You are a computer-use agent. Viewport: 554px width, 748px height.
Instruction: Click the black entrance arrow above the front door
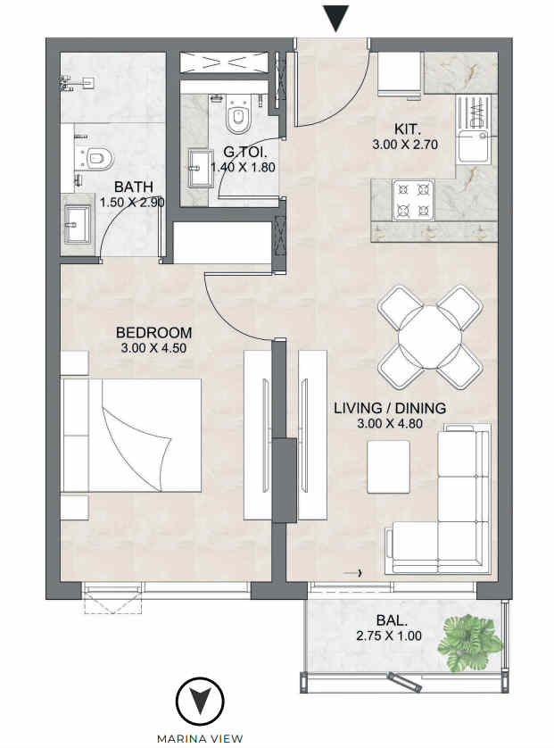(335, 18)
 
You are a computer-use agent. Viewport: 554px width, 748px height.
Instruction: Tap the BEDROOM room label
(154, 333)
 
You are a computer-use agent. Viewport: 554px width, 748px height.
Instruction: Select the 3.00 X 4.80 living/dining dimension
(390, 423)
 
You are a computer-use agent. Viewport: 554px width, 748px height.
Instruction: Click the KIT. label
(408, 129)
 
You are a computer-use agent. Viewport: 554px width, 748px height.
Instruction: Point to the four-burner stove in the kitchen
(413, 200)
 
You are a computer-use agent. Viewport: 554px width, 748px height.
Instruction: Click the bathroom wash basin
(78, 224)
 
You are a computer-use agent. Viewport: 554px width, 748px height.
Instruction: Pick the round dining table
(430, 337)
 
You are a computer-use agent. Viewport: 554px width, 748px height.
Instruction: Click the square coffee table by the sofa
(388, 467)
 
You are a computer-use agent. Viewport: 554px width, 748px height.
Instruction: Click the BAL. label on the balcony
(392, 620)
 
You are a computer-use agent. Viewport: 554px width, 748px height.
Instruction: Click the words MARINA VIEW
(200, 739)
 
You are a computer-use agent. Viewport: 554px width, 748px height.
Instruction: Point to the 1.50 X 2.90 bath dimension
(132, 203)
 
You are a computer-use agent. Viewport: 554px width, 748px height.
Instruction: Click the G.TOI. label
(244, 152)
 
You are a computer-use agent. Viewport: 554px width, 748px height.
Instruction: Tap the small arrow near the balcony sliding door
(354, 573)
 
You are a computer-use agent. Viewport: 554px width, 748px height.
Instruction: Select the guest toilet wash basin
(201, 168)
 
